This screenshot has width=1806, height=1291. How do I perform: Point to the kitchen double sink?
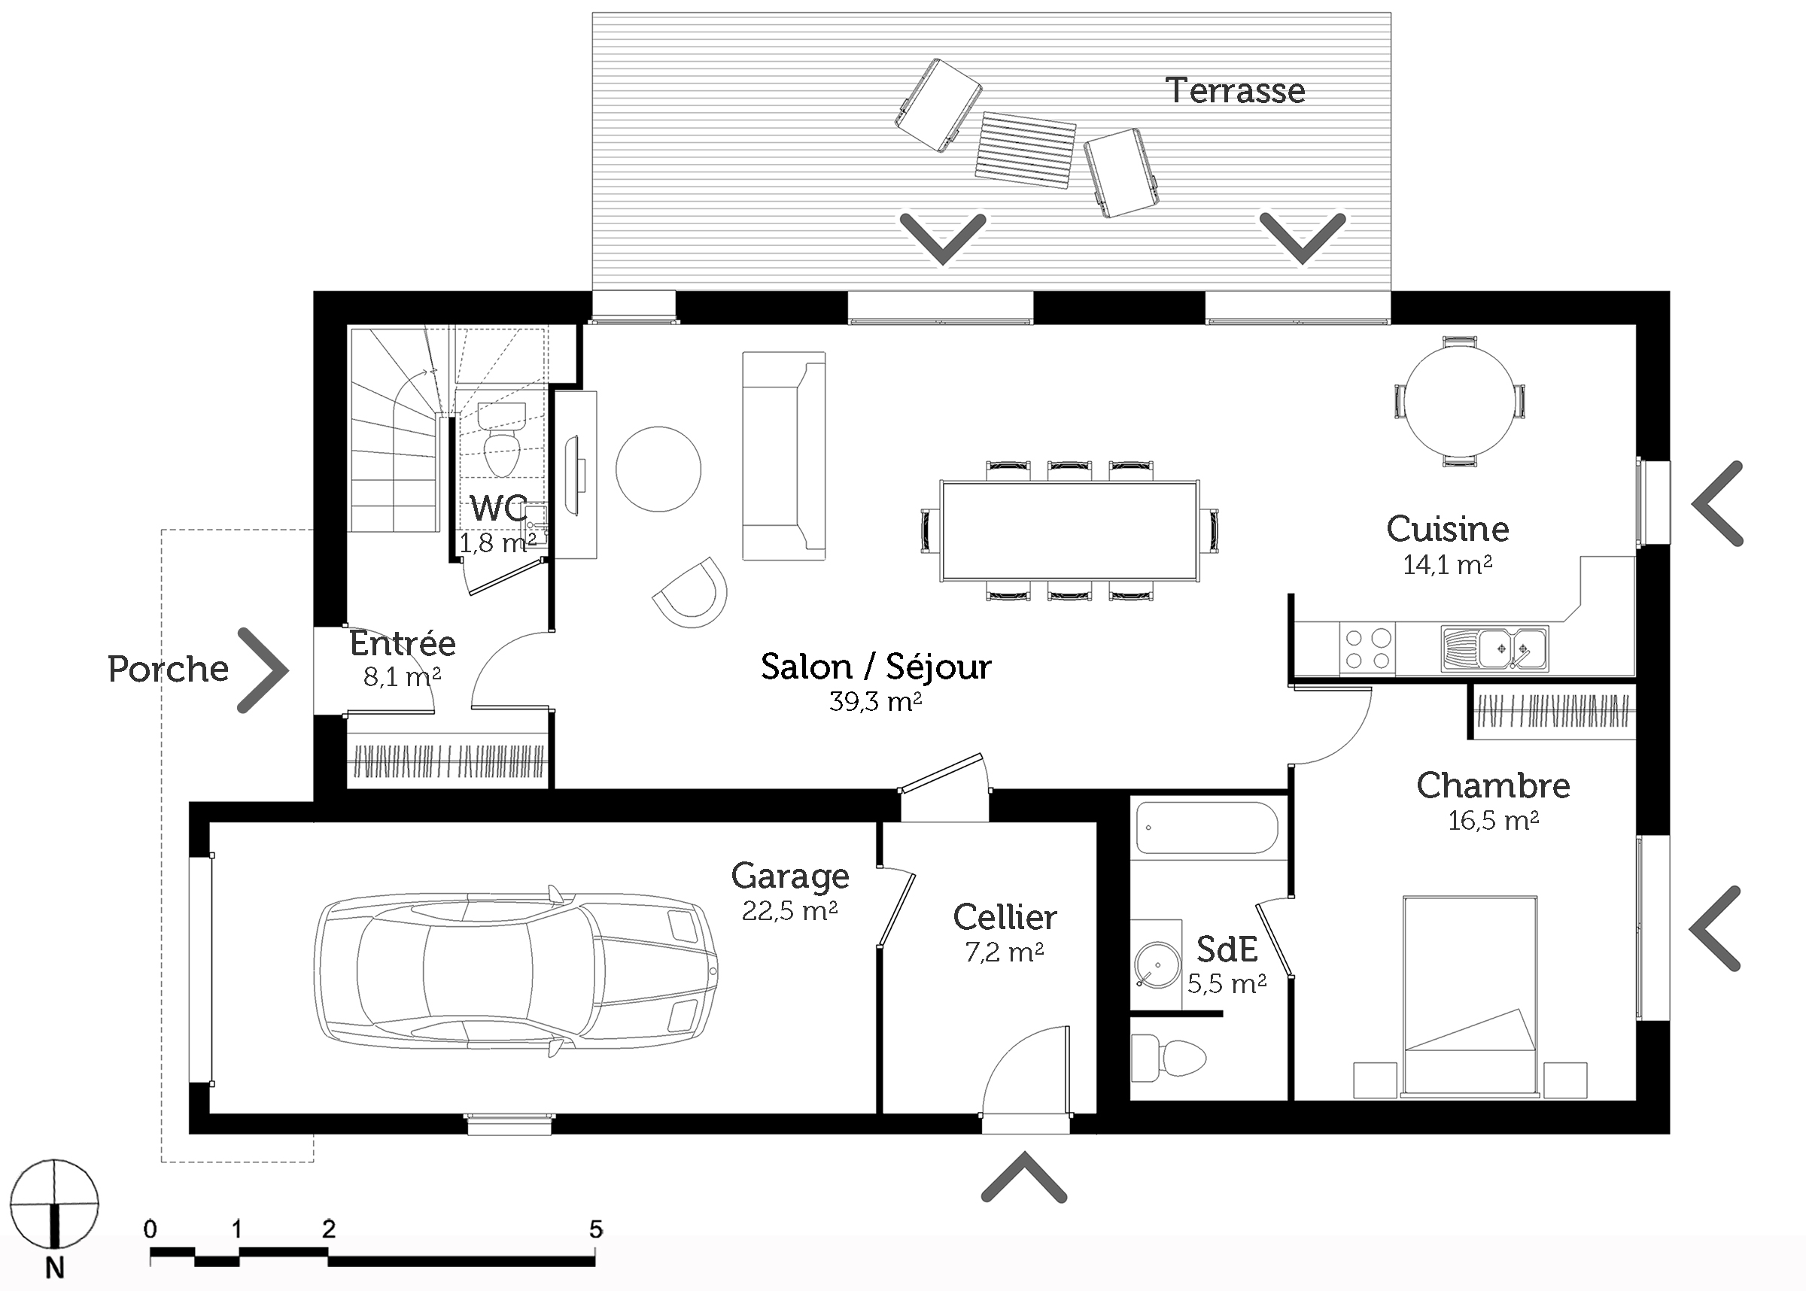1494,649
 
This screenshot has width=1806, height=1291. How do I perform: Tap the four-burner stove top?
1367,649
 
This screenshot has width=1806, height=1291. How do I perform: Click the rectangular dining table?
1070,531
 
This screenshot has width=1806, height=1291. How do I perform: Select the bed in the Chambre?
1470,997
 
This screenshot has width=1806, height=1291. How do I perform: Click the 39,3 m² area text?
875,701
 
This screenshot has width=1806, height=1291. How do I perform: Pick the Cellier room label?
1005,917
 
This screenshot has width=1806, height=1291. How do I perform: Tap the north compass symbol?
55,1204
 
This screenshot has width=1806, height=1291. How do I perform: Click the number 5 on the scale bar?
596,1229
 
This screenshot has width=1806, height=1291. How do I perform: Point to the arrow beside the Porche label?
262,670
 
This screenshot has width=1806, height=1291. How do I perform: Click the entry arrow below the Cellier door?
1024,1177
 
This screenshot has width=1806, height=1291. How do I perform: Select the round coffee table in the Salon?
658,469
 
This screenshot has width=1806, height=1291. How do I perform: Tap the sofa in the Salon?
784,457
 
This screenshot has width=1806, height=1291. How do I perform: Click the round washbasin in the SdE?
1154,964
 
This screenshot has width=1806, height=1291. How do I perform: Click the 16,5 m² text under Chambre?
1493,820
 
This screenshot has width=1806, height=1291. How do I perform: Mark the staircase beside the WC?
395,430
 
